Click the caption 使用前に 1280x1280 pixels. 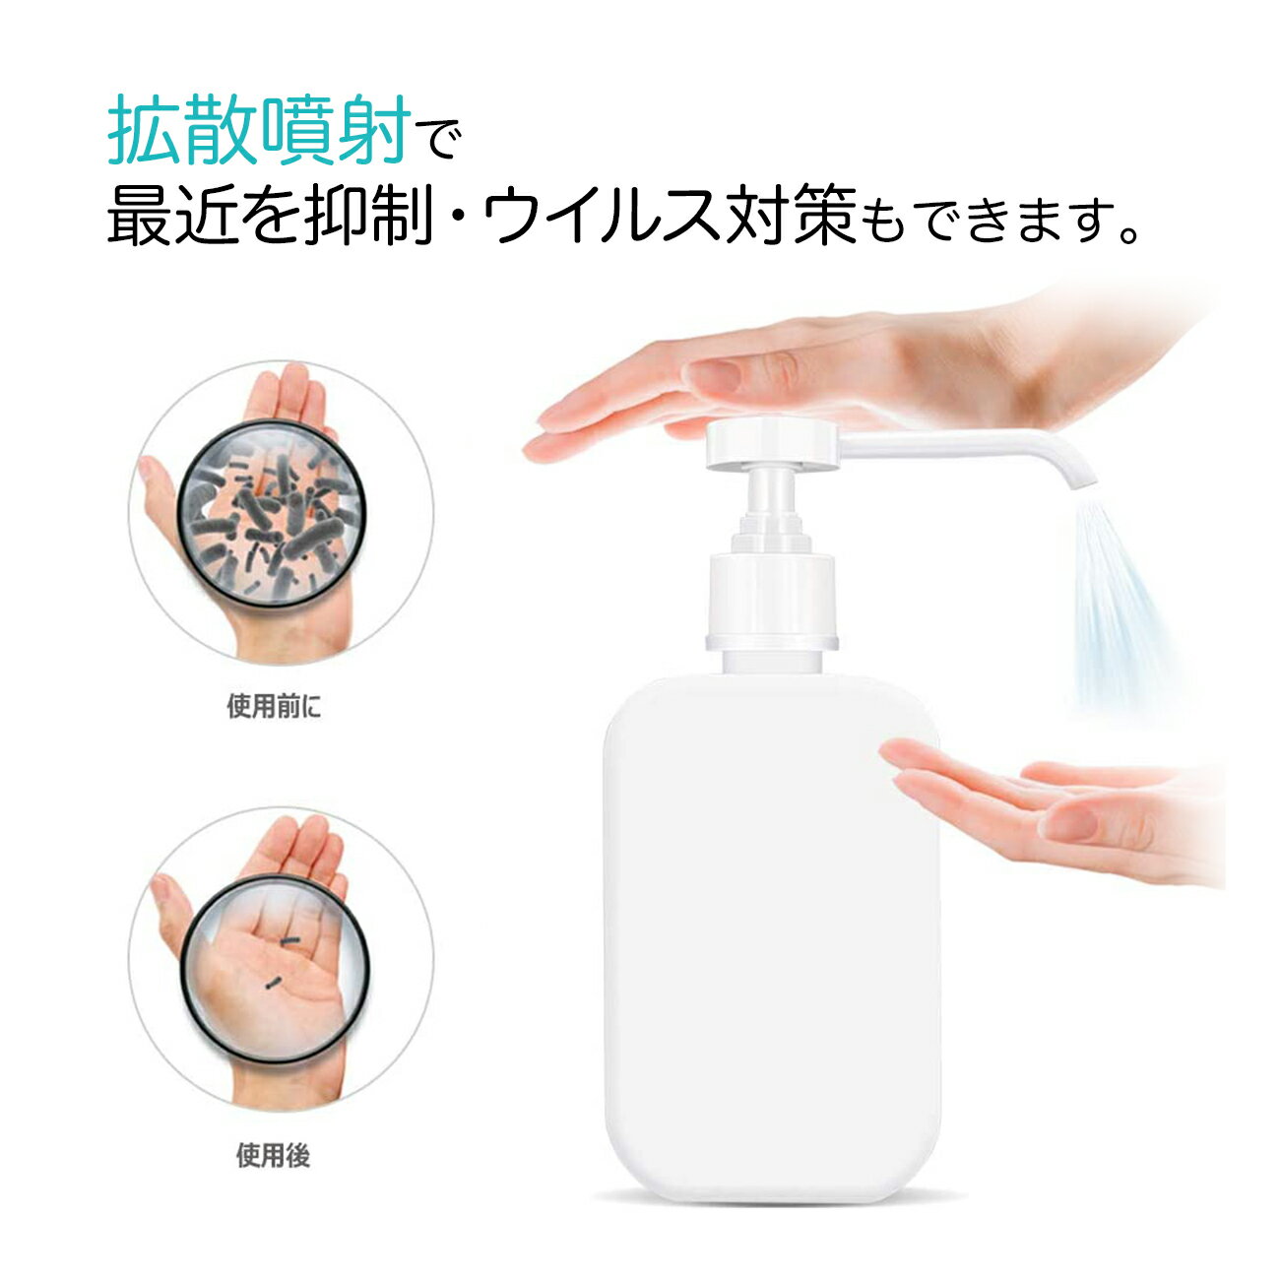274,705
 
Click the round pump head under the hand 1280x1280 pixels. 772,444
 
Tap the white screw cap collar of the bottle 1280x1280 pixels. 772,602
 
